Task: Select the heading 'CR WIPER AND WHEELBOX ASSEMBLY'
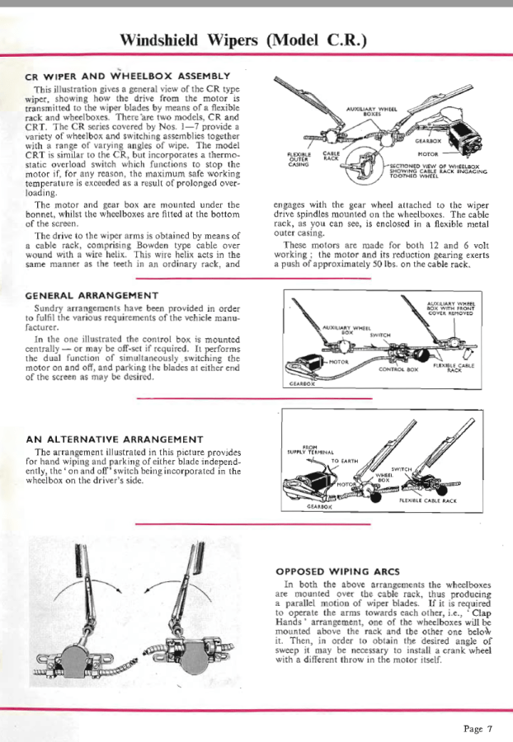123,77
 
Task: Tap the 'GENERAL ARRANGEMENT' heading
92,294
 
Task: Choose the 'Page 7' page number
478,728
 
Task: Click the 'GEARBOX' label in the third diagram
296,508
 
